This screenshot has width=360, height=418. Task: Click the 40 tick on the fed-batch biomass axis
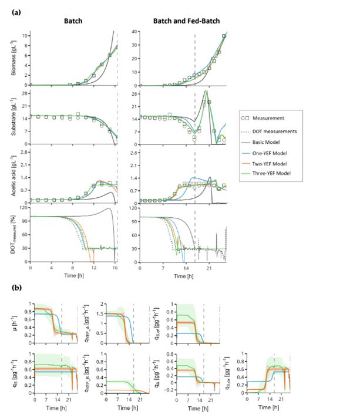pos(134,31)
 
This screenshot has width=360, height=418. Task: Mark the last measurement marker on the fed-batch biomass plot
pos(224,36)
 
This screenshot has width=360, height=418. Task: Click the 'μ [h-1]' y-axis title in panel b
pos(22,322)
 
